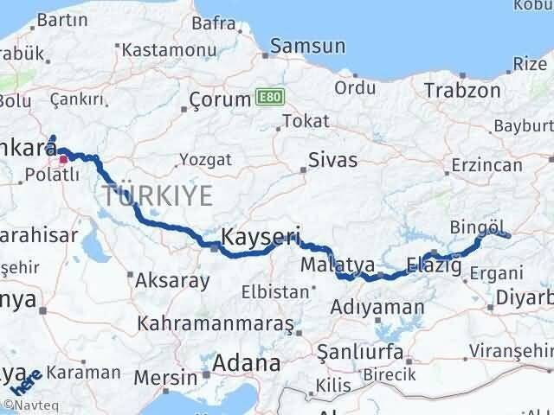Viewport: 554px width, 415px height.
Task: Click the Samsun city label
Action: [308, 48]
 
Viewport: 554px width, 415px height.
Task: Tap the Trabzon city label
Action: [462, 90]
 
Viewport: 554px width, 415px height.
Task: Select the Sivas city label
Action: [334, 159]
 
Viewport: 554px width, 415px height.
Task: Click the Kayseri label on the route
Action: [261, 236]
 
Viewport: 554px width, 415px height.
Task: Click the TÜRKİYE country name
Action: [157, 195]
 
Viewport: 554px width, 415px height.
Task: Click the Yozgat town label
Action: [205, 160]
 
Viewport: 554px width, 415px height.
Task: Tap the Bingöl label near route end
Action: [477, 227]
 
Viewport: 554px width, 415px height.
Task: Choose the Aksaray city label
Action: [172, 281]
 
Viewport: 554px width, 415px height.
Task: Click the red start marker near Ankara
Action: [63, 159]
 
